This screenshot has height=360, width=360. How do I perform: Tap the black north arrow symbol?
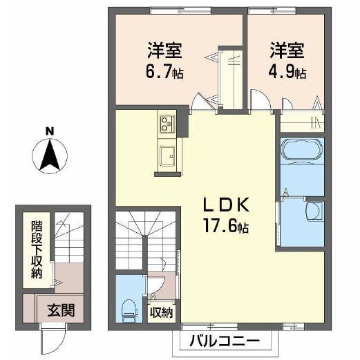pos(49,155)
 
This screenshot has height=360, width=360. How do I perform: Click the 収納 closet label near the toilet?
pos(163,312)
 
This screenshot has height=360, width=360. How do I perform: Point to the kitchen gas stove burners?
pos(167,125)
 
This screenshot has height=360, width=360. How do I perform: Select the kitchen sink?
pos(167,156)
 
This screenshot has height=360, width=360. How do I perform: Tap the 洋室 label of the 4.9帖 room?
pos(287,50)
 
